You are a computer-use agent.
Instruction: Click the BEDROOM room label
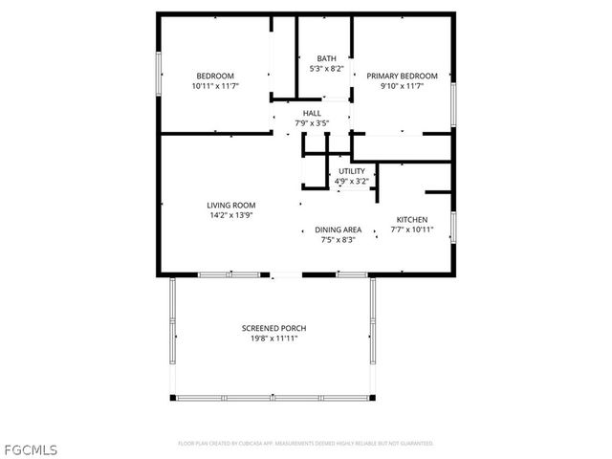[x=215, y=76]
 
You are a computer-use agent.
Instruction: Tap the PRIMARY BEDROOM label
[x=402, y=76]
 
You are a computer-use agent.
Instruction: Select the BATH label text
[x=326, y=59]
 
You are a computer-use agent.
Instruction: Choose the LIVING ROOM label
[x=231, y=205]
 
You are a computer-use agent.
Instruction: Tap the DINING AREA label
[x=339, y=229]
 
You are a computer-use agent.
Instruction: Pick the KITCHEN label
[x=411, y=220]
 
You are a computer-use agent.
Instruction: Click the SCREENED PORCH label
[x=273, y=328]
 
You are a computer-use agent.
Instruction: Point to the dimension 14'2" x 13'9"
[x=231, y=215]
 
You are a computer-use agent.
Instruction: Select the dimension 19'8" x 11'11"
[x=273, y=339]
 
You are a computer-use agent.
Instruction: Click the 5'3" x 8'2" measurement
[x=326, y=69]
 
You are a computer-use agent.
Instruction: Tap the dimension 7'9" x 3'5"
[x=312, y=123]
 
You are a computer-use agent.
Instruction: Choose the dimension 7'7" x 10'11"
[x=411, y=229]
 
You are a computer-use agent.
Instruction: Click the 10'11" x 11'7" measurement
[x=215, y=86]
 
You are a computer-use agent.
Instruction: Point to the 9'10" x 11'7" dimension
[x=402, y=86]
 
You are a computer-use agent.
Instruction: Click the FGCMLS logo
[x=32, y=448]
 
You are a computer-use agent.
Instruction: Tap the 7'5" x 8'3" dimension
[x=339, y=239]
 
